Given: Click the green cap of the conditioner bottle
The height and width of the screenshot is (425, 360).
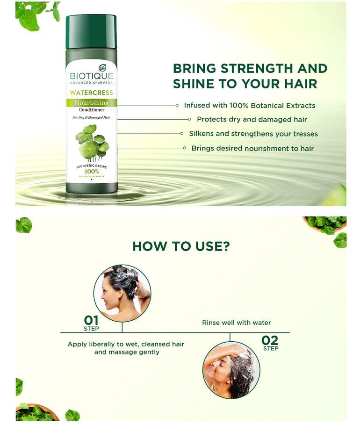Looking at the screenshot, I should point(91,32).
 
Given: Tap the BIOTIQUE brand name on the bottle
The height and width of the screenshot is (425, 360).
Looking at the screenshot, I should point(92,76).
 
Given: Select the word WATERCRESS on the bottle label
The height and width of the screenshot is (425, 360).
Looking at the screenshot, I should point(92,93).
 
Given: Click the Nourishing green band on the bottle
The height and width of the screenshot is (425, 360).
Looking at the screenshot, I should point(92,103).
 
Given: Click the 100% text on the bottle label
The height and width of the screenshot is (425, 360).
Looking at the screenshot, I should point(91,172).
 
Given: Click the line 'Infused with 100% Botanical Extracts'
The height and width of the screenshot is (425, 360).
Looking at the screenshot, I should point(249,106).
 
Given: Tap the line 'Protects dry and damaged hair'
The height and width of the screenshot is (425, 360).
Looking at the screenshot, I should point(252,120).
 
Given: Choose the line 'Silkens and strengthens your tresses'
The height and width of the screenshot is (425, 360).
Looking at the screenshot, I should point(253,134).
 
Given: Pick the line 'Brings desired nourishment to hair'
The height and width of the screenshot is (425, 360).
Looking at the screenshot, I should point(252,148).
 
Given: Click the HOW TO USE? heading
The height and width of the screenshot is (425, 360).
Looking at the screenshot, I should point(181,246).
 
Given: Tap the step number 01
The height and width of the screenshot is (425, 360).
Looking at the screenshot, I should point(91,320).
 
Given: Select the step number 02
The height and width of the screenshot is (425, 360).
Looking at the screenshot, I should point(270,340).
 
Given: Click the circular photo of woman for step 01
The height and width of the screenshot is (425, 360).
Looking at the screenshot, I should point(122,293).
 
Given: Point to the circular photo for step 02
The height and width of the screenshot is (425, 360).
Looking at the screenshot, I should point(231,370).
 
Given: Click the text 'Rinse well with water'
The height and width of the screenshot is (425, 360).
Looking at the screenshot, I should point(236,323).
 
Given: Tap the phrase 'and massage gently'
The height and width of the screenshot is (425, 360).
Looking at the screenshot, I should point(127,352).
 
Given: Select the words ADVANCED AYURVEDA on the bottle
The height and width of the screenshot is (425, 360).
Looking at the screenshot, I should point(92,83).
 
